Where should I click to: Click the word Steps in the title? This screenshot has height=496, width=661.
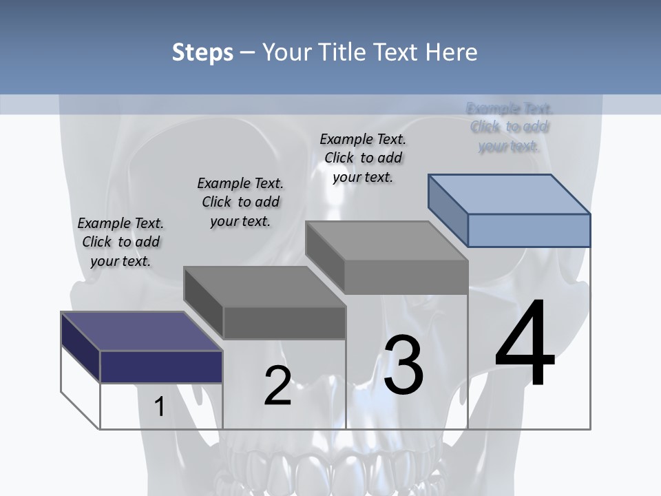202,52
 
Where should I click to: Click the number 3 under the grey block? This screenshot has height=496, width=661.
403,365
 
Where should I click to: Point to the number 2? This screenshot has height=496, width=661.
278,386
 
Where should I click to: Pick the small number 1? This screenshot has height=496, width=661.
160,406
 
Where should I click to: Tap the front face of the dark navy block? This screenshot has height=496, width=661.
161,366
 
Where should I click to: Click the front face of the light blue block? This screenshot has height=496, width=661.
529,230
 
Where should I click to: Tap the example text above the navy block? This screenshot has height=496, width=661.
120,242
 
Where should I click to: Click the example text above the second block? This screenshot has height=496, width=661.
240,202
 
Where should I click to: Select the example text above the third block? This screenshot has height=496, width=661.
363,158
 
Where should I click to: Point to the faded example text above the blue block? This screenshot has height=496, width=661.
510,127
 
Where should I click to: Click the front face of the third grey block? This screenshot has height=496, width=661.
406,278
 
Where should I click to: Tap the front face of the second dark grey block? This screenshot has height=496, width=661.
284,322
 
